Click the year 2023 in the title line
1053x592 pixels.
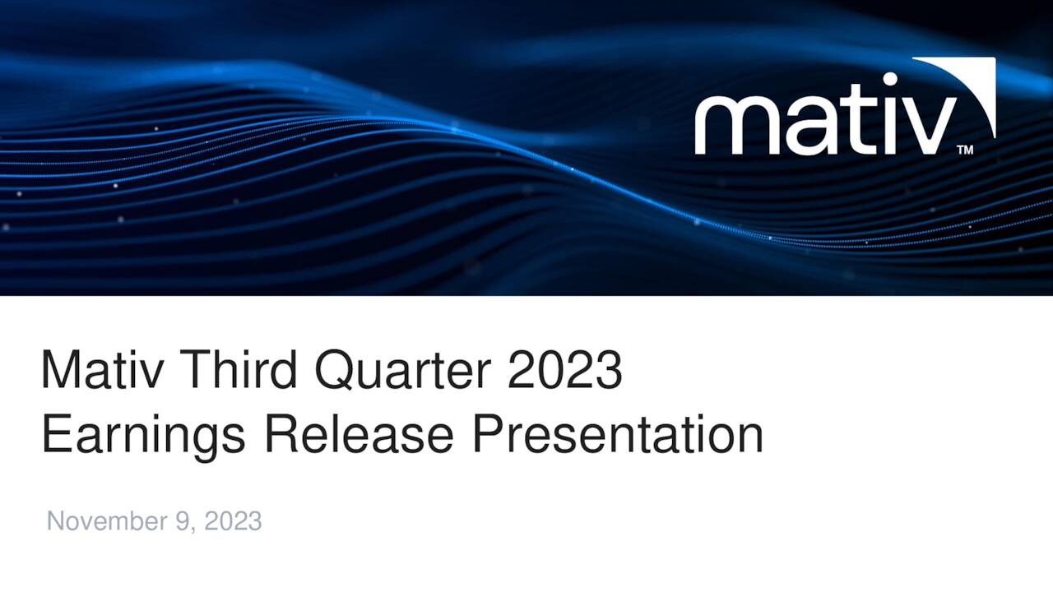click(564, 370)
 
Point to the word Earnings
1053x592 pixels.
click(143, 436)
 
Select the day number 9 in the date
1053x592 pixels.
click(183, 521)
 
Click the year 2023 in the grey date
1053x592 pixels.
click(233, 521)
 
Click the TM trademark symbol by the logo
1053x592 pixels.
click(965, 150)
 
